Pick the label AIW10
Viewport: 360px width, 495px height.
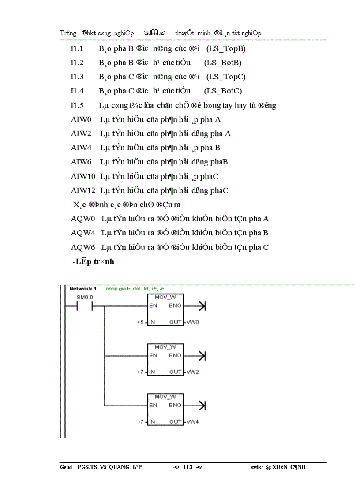pyautogui.click(x=83, y=176)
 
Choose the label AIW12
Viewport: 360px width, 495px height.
pyautogui.click(x=83, y=190)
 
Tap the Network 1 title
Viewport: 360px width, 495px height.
pyautogui.click(x=83, y=289)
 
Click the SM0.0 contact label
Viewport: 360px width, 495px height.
pyautogui.click(x=85, y=298)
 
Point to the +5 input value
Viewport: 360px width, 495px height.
pyautogui.click(x=140, y=322)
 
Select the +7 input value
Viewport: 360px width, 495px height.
pyautogui.click(x=140, y=372)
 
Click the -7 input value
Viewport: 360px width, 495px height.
pyautogui.click(x=140, y=422)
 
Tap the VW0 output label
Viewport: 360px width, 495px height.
pyautogui.click(x=192, y=322)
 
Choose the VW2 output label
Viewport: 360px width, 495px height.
pyautogui.click(x=192, y=372)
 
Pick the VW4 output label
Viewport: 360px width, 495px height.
pyautogui.click(x=192, y=422)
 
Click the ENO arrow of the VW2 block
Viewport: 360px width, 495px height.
pyautogui.click(x=202, y=355)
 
